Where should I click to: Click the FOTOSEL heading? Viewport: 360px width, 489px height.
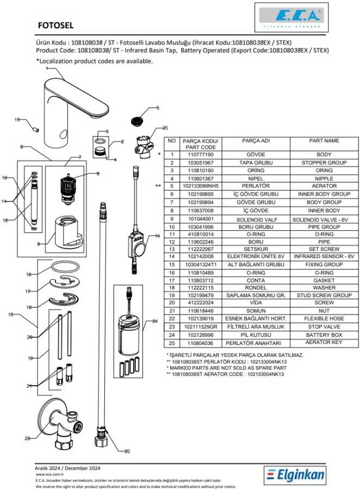pyautogui.click(x=56, y=25)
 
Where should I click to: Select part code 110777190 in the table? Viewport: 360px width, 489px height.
pyautogui.click(x=201, y=155)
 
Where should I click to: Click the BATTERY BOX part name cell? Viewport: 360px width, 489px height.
pyautogui.click(x=324, y=335)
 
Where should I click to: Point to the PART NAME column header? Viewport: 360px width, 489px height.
pyautogui.click(x=324, y=141)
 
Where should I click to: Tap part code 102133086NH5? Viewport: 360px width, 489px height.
pyautogui.click(x=201, y=186)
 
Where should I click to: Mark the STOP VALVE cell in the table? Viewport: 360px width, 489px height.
pyautogui.click(x=324, y=327)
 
